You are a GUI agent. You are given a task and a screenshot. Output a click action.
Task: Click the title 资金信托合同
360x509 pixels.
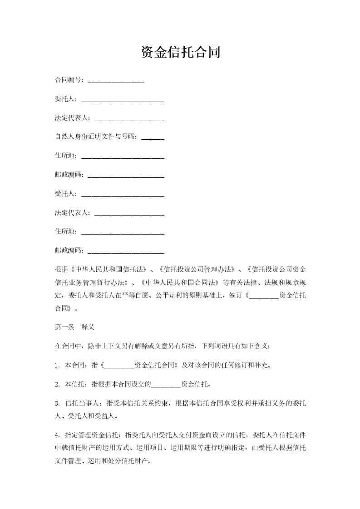pyautogui.click(x=180, y=53)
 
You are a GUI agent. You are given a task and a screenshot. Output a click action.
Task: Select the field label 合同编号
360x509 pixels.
pyautogui.click(x=69, y=80)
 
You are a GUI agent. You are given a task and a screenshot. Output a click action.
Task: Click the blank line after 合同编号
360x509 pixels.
pyautogui.click(x=116, y=82)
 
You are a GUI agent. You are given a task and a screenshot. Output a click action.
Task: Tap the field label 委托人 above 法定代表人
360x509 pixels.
pyautogui.click(x=65, y=99)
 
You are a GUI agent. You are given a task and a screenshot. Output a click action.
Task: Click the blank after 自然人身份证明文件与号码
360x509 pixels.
pyautogui.click(x=153, y=139)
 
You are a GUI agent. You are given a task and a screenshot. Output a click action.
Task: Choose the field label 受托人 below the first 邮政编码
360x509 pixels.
pyautogui.click(x=65, y=194)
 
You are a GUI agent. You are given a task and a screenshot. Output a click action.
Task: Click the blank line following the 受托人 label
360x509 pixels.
pyautogui.click(x=122, y=196)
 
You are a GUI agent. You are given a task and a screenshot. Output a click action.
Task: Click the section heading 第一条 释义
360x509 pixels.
pyautogui.click(x=74, y=327)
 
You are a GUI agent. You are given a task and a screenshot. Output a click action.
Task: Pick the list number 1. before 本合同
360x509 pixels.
pyautogui.click(x=57, y=365)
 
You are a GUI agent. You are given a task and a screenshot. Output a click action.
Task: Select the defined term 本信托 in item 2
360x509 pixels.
pyautogui.click(x=75, y=384)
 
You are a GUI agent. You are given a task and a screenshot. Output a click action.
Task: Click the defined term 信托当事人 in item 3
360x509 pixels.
pyautogui.click(x=82, y=403)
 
